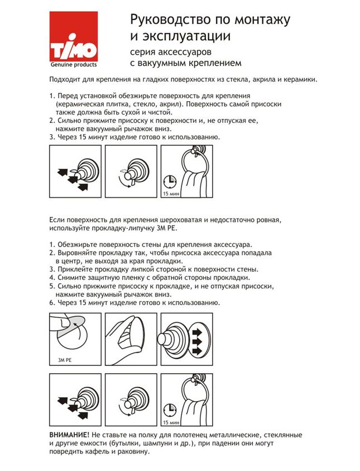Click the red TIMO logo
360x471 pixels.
[x=75, y=38]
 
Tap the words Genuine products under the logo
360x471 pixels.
[x=75, y=65]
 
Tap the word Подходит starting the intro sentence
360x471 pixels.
[x=66, y=79]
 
